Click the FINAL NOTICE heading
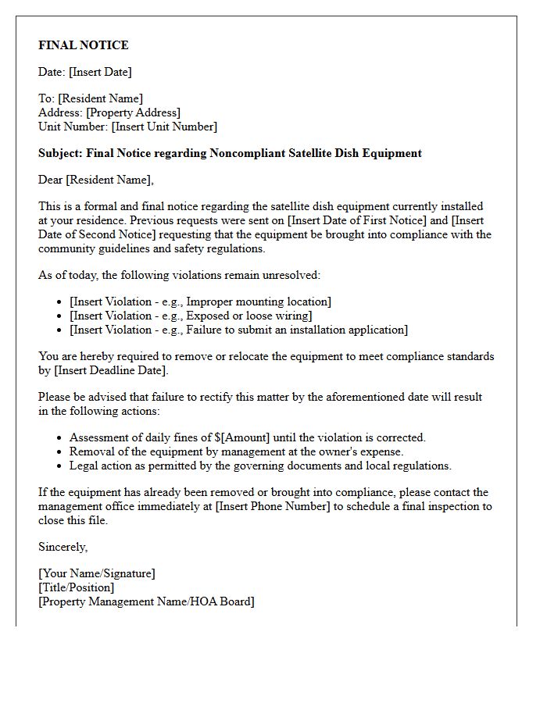[x=84, y=45]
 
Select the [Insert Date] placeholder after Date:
[x=100, y=72]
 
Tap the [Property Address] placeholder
[x=133, y=112]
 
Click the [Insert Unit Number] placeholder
[x=164, y=127]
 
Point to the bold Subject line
[x=230, y=153]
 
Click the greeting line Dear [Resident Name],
[x=96, y=180]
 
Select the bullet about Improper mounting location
[x=200, y=302]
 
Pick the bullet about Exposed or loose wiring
[x=191, y=316]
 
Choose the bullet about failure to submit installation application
[x=238, y=330]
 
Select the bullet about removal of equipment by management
[x=236, y=451]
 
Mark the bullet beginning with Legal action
[x=260, y=466]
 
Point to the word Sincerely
[x=63, y=547]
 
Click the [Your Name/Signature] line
[x=97, y=573]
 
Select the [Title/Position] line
[x=76, y=587]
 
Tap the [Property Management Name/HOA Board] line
[x=146, y=601]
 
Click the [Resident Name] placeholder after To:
[x=101, y=98]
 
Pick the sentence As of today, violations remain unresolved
[x=179, y=275]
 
